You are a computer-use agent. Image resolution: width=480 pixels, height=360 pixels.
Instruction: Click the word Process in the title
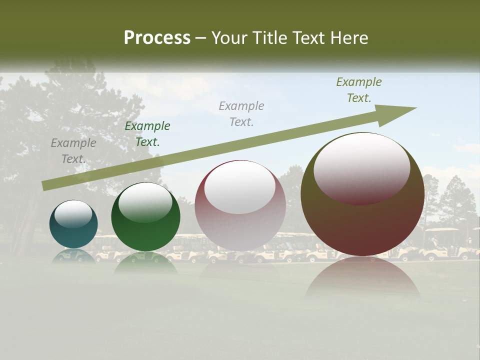(157, 38)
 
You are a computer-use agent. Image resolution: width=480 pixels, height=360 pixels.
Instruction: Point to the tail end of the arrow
(45, 185)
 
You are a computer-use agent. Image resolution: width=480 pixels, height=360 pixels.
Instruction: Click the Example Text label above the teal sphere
(73, 151)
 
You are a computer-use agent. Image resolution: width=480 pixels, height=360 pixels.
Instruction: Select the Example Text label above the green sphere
(147, 134)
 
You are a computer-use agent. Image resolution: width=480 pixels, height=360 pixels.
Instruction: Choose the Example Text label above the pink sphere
(241, 113)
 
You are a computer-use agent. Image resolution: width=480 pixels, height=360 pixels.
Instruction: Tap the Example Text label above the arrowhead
(359, 90)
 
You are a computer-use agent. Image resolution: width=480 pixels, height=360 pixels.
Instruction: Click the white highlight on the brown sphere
(361, 167)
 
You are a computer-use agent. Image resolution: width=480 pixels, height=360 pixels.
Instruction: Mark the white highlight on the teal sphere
(73, 214)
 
